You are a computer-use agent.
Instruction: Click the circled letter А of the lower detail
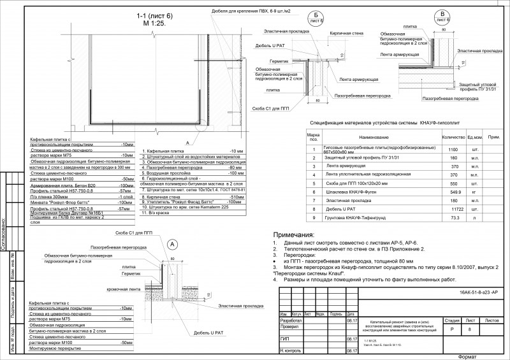171,244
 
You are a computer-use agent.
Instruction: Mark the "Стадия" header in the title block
452,321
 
